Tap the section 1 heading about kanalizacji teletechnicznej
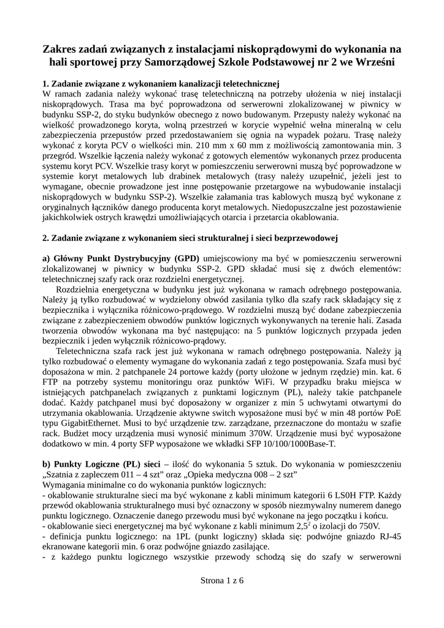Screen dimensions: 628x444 (x=161, y=83)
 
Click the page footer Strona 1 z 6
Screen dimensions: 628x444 (x=222, y=581)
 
